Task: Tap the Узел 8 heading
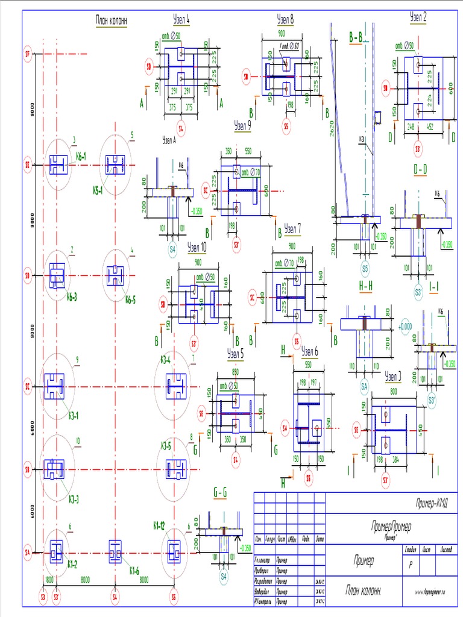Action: [x=285, y=19]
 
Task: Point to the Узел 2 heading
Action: [x=418, y=16]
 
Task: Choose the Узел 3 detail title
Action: [x=392, y=377]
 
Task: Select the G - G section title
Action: [x=221, y=493]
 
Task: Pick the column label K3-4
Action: [x=166, y=360]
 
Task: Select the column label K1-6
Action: [x=134, y=570]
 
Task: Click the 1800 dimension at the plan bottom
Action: [x=49, y=580]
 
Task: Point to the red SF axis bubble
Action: [x=27, y=54]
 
